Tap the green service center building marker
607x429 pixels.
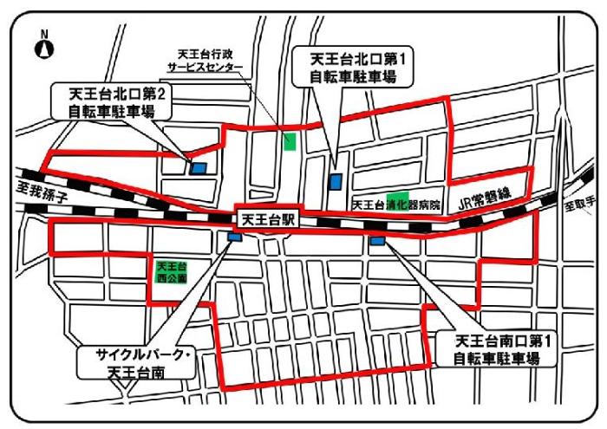tap(289, 140)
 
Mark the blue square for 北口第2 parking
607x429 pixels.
tap(199, 168)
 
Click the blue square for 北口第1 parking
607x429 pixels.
tap(336, 181)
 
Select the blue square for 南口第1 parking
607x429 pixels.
tap(377, 240)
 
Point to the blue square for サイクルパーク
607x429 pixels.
tap(234, 236)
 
